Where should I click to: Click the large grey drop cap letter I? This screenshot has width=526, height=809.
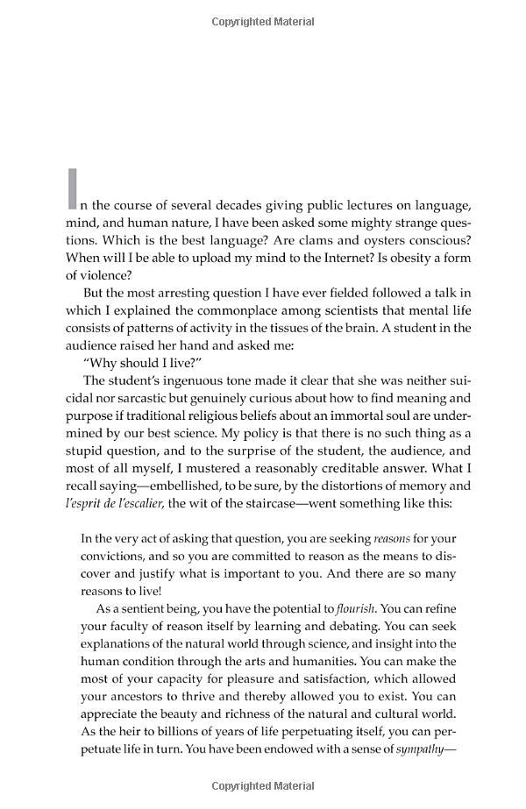73,189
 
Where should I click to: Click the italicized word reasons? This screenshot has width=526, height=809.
392,538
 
